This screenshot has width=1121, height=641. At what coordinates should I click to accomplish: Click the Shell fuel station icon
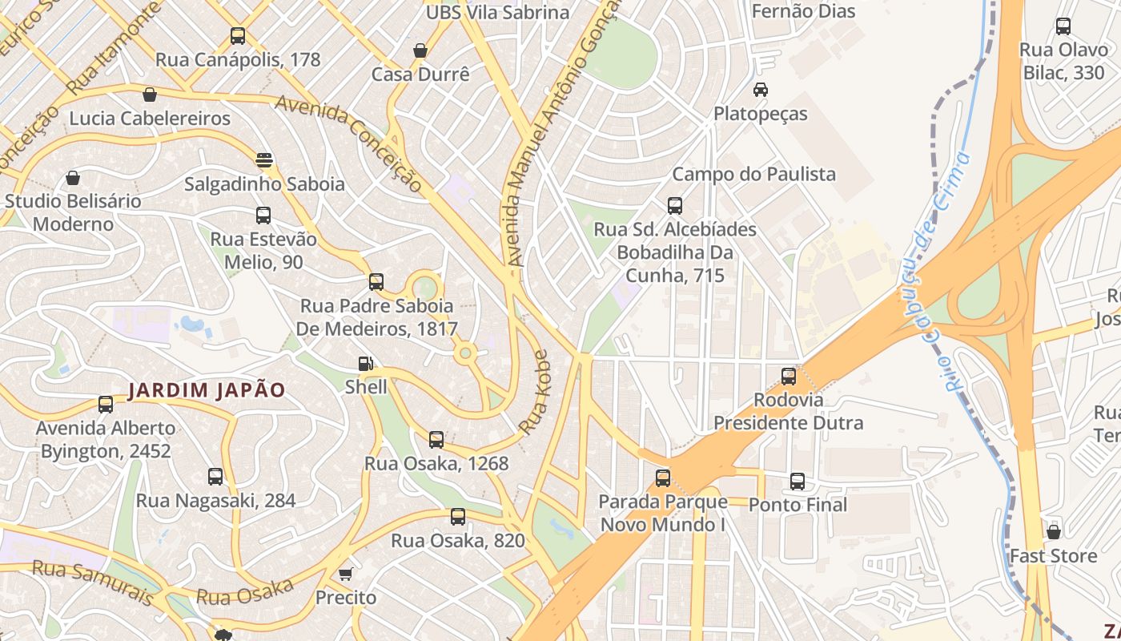365,364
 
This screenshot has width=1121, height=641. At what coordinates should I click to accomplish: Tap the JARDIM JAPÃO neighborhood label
207,390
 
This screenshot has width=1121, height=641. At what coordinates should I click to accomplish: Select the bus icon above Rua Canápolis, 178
238,36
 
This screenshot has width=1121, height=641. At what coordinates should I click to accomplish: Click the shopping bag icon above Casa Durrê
420,51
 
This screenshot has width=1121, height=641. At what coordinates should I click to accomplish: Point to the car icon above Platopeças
760,90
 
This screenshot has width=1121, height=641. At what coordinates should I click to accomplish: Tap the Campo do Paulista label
753,174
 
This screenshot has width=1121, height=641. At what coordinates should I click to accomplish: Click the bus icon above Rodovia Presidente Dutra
789,376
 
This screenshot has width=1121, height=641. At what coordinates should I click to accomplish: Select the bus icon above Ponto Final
798,482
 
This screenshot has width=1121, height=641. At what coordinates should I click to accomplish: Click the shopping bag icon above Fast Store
1054,531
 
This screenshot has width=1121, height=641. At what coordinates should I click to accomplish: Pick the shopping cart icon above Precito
345,574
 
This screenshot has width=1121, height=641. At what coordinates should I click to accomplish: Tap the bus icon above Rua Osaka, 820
458,517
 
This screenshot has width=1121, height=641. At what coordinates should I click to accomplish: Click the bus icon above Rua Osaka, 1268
436,440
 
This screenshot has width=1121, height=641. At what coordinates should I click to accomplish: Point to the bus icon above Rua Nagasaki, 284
215,477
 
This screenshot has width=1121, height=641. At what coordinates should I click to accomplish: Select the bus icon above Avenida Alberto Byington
106,405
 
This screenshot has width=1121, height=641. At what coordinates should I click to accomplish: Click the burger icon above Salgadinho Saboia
264,159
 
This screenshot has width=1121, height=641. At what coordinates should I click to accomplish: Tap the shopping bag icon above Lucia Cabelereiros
149,95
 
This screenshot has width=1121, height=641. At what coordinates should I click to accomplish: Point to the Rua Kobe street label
535,393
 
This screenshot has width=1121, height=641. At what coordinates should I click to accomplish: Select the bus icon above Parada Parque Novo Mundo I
663,478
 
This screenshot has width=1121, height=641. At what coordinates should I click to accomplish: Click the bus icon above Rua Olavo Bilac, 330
1063,26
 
